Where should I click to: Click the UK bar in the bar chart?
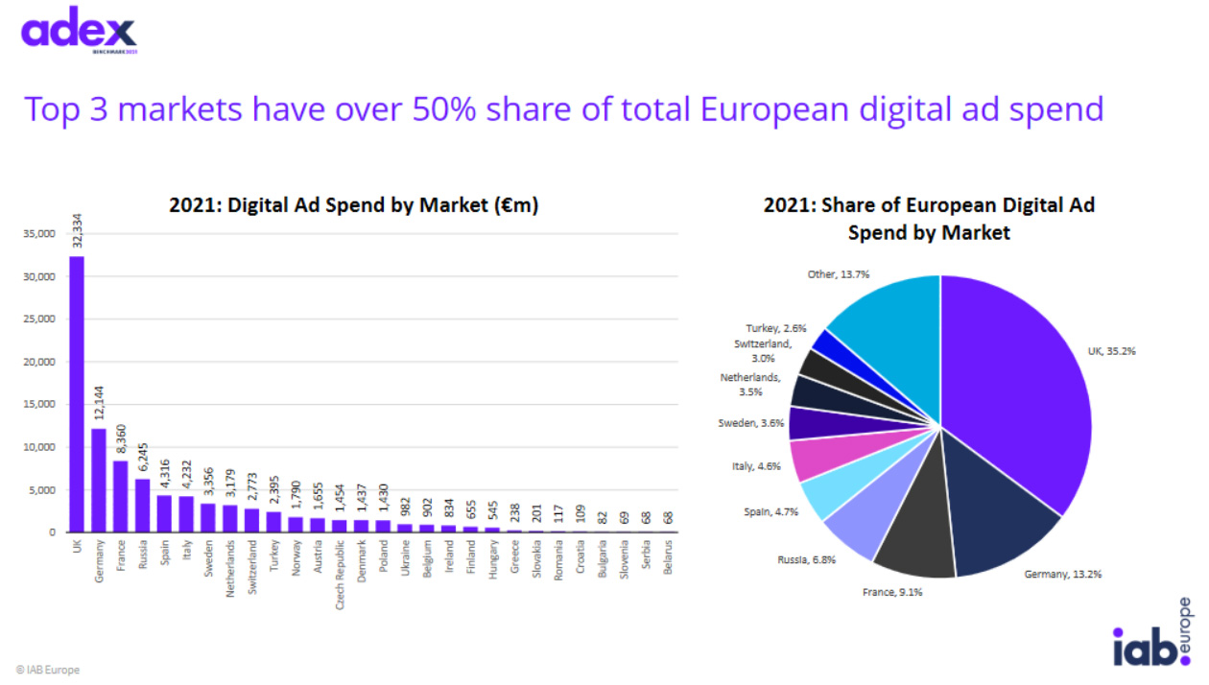click(76, 393)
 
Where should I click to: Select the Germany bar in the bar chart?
click(98, 480)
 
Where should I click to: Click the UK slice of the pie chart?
click(1017, 403)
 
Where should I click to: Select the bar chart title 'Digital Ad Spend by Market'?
click(353, 205)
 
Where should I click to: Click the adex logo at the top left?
click(79, 31)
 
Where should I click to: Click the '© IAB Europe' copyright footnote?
click(48, 670)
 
